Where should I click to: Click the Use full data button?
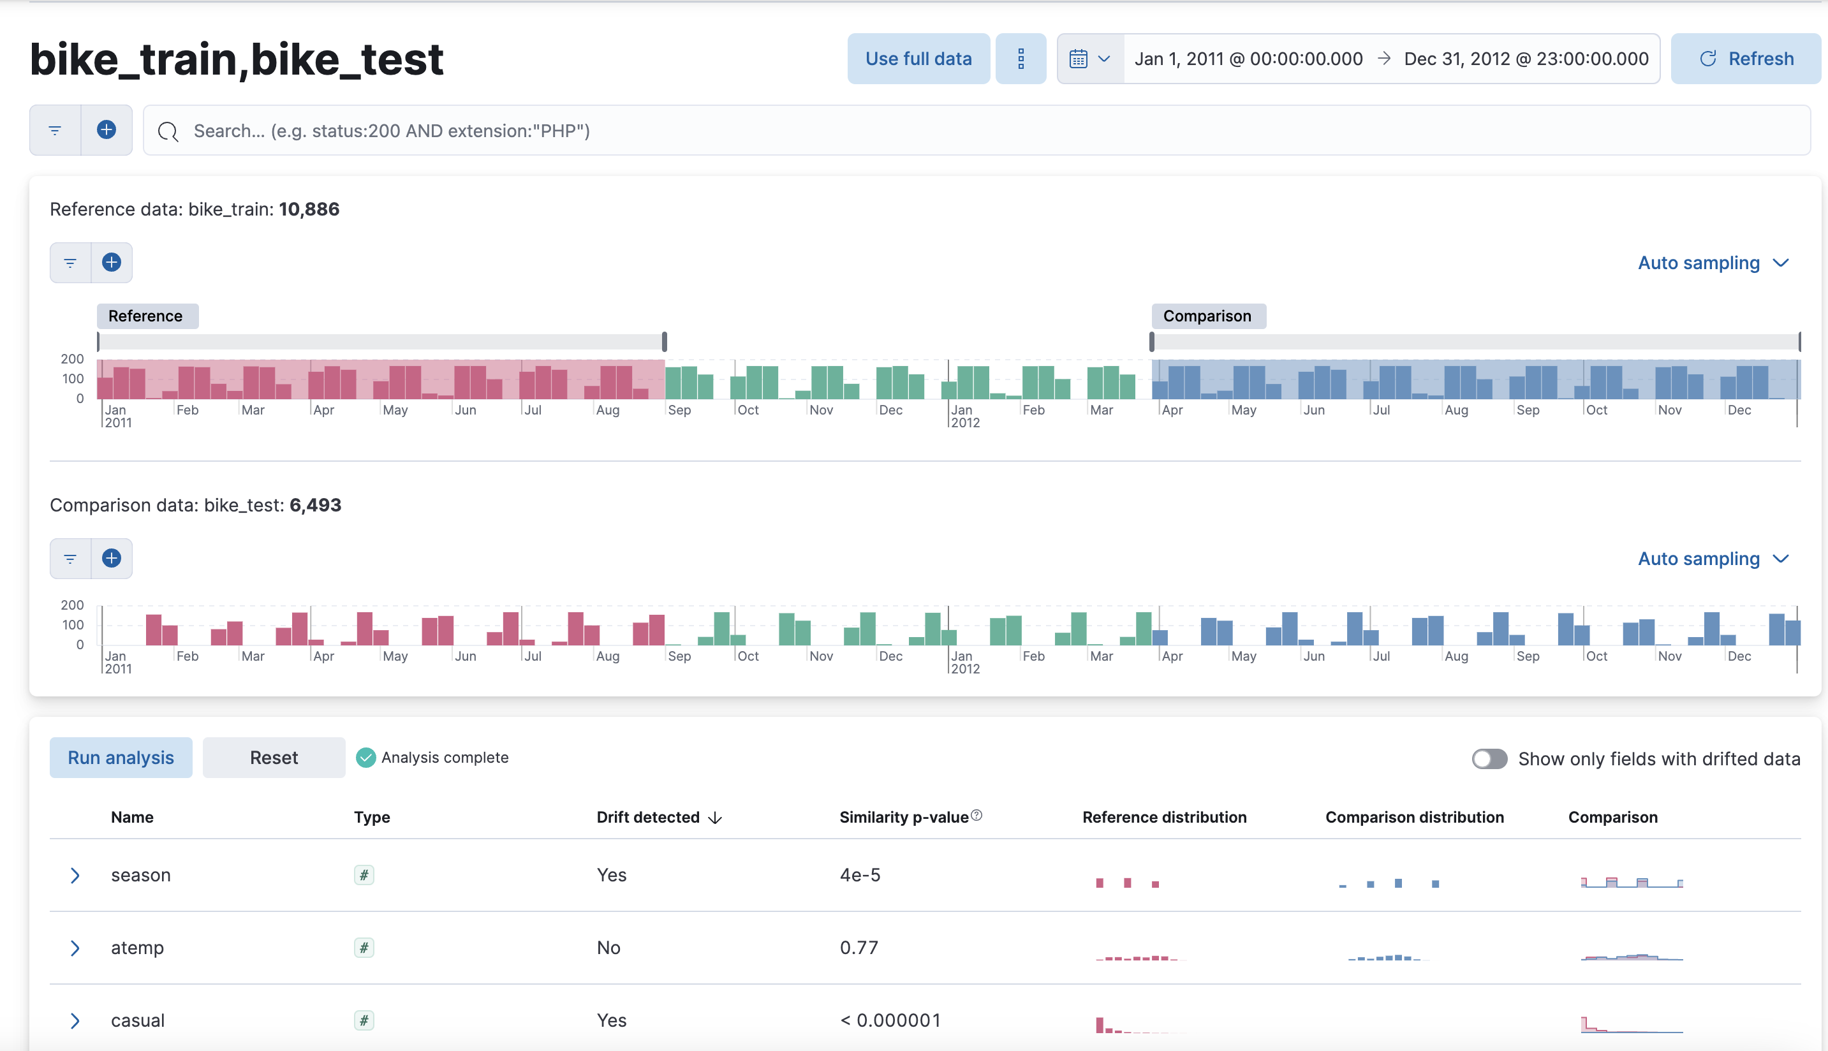coord(918,59)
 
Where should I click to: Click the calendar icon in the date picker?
coord(1078,59)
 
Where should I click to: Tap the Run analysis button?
coord(121,757)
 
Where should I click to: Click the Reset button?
coord(274,757)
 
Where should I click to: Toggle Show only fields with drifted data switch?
coord(1489,759)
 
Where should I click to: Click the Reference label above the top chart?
coord(146,316)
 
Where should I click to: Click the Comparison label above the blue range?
coord(1207,316)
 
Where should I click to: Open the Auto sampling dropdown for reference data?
coord(1712,263)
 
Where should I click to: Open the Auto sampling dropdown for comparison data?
coord(1712,559)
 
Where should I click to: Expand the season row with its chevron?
coord(75,875)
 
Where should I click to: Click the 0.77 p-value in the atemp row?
coord(859,947)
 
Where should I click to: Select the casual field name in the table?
coord(138,1020)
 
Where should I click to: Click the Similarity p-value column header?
coord(903,817)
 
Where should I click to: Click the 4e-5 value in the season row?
coord(859,875)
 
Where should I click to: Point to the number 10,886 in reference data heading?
coord(309,209)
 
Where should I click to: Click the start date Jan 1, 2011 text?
coord(1248,59)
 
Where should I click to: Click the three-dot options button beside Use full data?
coord(1020,59)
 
